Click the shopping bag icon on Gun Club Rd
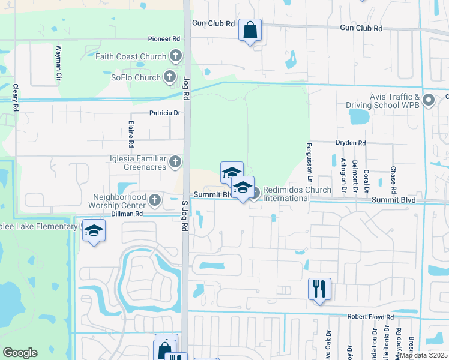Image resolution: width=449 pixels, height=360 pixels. [x=250, y=29]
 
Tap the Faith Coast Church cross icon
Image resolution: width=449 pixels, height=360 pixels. [x=176, y=57]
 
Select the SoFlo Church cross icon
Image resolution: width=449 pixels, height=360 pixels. [x=170, y=77]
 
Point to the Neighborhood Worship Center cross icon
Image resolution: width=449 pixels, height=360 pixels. [x=155, y=200]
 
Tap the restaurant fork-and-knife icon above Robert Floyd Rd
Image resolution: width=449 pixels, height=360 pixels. [x=319, y=289]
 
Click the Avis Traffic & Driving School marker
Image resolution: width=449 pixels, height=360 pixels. [x=428, y=100]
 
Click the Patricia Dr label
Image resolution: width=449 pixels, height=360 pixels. [x=164, y=113]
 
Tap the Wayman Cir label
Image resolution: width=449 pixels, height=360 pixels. [x=59, y=63]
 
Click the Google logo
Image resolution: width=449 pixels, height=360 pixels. [x=20, y=353]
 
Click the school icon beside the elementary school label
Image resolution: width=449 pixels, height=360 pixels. [x=94, y=231]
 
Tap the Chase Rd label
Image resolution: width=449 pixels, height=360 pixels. [x=393, y=179]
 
